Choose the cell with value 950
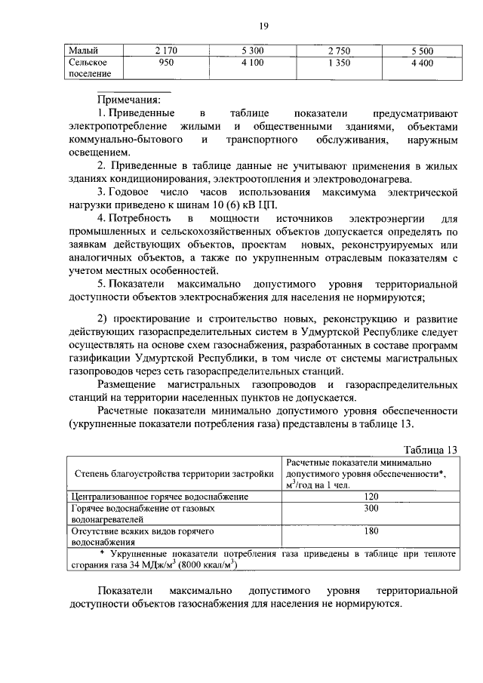(x=166, y=63)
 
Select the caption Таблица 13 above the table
(x=429, y=449)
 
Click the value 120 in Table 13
(x=370, y=497)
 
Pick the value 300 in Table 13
(x=370, y=509)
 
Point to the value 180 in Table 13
(x=370, y=531)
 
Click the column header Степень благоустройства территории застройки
(x=174, y=474)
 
